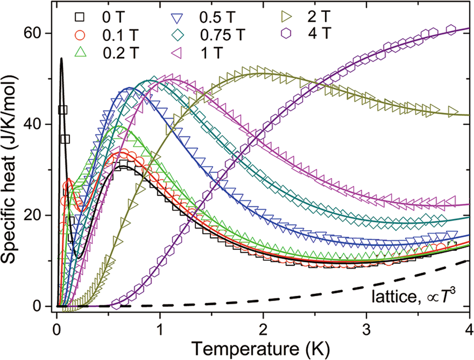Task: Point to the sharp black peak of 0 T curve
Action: [x=61, y=59]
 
